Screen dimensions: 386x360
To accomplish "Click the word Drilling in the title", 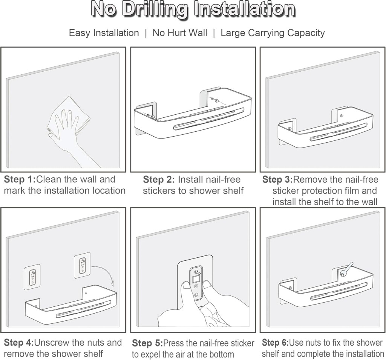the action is [156, 10].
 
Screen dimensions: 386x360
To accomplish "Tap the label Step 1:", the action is [20, 179].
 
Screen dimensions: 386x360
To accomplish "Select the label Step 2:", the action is [159, 179].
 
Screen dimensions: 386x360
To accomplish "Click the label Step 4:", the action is [19, 343].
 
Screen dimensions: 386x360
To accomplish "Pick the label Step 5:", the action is [147, 343].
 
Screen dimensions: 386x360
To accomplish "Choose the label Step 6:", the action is [275, 343].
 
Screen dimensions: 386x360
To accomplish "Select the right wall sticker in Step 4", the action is [82, 265].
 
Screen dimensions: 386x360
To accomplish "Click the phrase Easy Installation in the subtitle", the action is [104, 33].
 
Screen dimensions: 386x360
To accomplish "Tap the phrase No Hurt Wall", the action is [180, 33].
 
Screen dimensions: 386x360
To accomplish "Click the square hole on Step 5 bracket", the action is [196, 279].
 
